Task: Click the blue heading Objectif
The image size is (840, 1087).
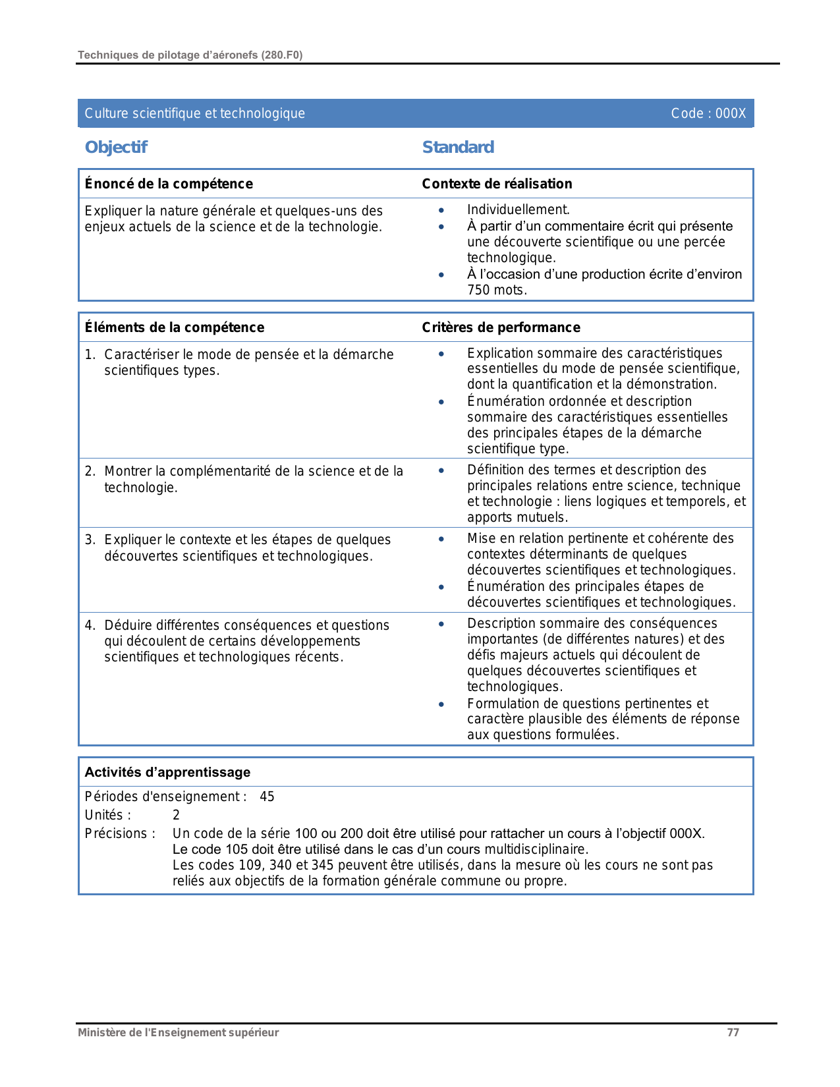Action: (116, 147)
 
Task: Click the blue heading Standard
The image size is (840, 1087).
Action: (458, 147)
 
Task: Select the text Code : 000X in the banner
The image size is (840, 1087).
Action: (708, 113)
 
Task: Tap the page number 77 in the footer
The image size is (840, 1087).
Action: (733, 1032)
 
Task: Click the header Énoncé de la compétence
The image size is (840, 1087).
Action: (169, 184)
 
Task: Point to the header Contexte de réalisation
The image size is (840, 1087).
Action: (497, 184)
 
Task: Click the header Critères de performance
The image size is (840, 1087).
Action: (501, 327)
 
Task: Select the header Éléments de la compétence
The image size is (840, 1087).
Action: (175, 327)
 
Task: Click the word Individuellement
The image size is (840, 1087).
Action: (518, 209)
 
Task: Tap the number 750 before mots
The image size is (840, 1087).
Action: (478, 290)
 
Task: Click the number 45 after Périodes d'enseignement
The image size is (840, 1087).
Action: (267, 796)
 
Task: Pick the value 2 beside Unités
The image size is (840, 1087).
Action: (176, 815)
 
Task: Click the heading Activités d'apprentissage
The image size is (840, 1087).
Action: (167, 772)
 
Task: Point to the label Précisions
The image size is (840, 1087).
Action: (120, 833)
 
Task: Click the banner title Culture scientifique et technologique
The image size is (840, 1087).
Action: (195, 113)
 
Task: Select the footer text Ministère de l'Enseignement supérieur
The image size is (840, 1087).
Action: (178, 1032)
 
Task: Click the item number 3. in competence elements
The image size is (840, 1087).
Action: (90, 540)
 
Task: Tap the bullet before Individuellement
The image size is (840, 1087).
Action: (441, 210)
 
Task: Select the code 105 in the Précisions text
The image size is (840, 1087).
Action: (237, 849)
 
